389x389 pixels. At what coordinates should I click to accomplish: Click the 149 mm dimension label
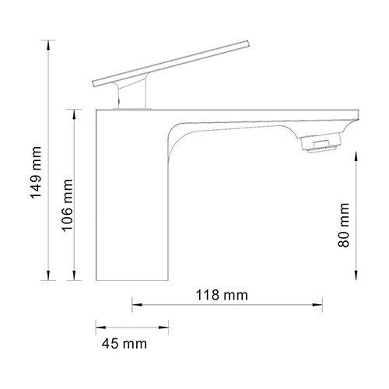[36, 173]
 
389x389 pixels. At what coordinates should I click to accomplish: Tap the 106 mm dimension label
[67, 205]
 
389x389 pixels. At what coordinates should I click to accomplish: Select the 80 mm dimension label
[344, 225]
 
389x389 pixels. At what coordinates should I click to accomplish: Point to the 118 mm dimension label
[222, 295]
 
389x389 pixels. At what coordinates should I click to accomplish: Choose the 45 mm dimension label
[124, 344]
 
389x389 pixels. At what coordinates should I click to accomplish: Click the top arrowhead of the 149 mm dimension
[48, 45]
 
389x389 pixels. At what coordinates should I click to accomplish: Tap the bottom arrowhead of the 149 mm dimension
[48, 275]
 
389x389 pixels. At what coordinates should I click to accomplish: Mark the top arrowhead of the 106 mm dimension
[74, 114]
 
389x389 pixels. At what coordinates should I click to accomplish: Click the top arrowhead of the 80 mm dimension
[356, 157]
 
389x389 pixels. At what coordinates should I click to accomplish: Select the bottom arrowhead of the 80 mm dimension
[356, 275]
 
